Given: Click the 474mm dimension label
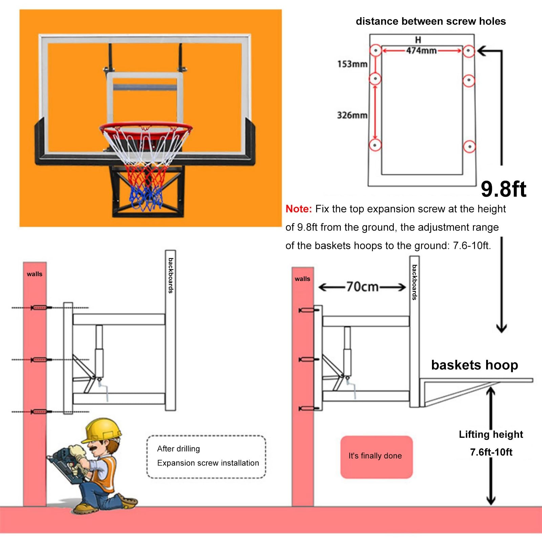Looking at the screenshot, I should pyautogui.click(x=421, y=51).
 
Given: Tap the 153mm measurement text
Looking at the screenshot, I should pyautogui.click(x=352, y=64).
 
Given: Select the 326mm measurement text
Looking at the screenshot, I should pyautogui.click(x=352, y=115).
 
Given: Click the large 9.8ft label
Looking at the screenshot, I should pyautogui.click(x=503, y=189).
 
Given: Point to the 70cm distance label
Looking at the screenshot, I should pyautogui.click(x=362, y=287).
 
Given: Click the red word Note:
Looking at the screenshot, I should pyautogui.click(x=299, y=209).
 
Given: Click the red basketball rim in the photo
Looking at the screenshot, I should pyautogui.click(x=146, y=130).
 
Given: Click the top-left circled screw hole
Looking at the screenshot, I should pyautogui.click(x=375, y=51).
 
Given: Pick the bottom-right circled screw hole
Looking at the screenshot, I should pyautogui.click(x=469, y=147).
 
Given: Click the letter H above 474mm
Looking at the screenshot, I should pyautogui.click(x=418, y=40).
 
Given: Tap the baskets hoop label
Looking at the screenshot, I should pyautogui.click(x=474, y=365).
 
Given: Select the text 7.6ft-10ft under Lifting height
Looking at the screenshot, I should pyautogui.click(x=491, y=452).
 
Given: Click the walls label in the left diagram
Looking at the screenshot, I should pyautogui.click(x=35, y=274).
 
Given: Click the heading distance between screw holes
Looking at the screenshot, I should pyautogui.click(x=431, y=21).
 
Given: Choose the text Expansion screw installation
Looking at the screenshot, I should pyautogui.click(x=208, y=463).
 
